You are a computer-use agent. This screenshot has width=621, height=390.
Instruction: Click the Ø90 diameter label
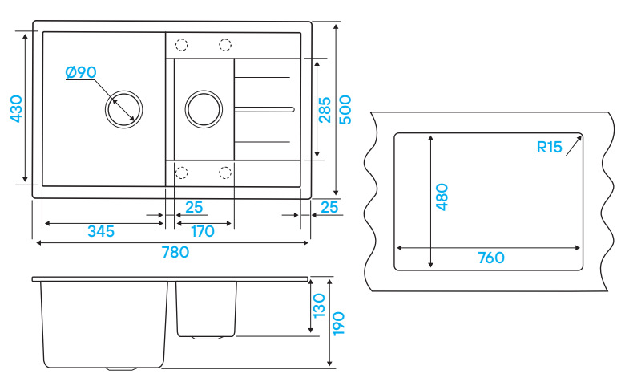click(x=81, y=72)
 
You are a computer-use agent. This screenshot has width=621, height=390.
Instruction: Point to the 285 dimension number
click(x=325, y=109)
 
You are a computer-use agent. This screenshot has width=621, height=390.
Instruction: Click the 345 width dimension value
click(x=101, y=232)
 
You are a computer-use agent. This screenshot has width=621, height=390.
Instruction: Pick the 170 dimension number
click(x=204, y=232)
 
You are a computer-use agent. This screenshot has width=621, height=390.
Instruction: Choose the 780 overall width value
click(x=174, y=252)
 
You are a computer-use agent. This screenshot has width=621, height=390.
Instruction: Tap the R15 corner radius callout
click(x=550, y=147)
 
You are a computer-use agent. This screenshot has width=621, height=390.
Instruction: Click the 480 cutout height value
click(x=442, y=197)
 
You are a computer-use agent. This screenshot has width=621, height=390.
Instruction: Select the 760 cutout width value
click(x=490, y=258)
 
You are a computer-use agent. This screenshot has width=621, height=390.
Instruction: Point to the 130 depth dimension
click(x=319, y=306)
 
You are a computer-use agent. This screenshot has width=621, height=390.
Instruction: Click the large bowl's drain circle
click(x=125, y=108)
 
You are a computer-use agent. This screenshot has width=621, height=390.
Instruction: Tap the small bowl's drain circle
click(x=204, y=108)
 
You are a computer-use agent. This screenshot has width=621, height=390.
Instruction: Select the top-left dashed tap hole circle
click(x=182, y=45)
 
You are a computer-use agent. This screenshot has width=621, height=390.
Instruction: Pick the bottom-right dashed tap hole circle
click(x=225, y=172)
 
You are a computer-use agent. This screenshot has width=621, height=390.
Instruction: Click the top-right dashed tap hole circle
click(x=225, y=45)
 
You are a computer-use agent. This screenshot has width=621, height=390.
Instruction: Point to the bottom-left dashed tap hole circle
click(x=182, y=172)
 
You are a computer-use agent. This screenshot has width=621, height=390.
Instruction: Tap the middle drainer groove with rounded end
click(x=264, y=108)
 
